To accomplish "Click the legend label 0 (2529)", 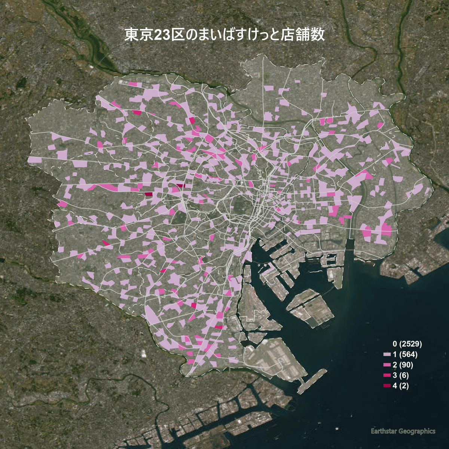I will pyautogui.click(x=407, y=343).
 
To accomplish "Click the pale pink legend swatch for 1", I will pyautogui.click(x=387, y=354).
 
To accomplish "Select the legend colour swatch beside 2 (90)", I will pyautogui.click(x=387, y=365).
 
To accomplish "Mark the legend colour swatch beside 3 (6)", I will pyautogui.click(x=387, y=375).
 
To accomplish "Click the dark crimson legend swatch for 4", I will pyautogui.click(x=387, y=386).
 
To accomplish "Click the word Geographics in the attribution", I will pyautogui.click(x=417, y=431).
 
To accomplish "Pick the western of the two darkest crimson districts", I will pyautogui.click(x=149, y=194).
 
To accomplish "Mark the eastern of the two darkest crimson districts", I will pyautogui.click(x=181, y=185).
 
